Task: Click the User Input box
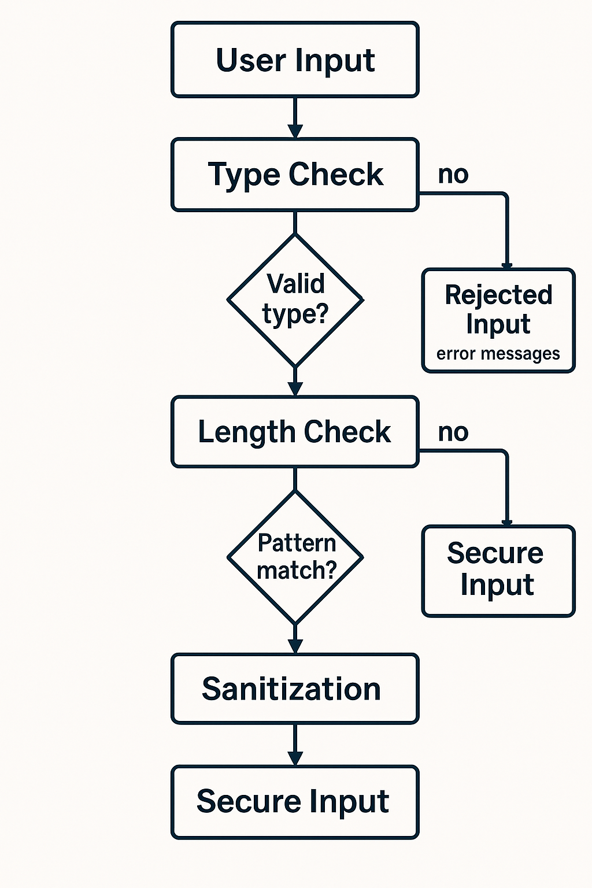[295, 60]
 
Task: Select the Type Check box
[295, 175]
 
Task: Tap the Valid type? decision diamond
[295, 300]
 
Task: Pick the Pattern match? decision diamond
[295, 557]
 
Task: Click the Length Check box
[295, 432]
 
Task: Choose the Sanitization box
[295, 689]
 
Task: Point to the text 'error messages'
[498, 353]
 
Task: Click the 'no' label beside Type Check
[453, 174]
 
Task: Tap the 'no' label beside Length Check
[453, 432]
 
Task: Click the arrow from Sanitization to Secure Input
[295, 745]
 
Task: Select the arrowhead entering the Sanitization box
[295, 646]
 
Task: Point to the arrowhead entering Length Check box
[295, 389]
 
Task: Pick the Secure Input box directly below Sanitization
[295, 802]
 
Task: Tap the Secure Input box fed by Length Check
[498, 571]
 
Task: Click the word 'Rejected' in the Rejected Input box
[498, 295]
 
